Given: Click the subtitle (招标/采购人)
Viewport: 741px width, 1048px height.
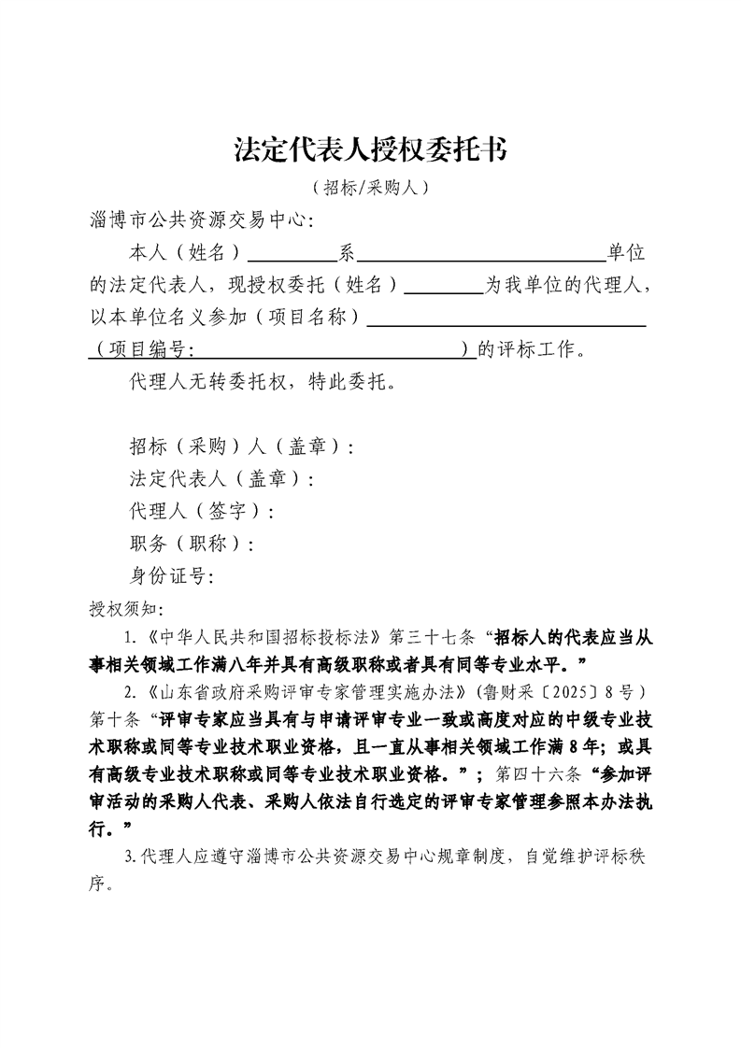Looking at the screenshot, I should click(x=370, y=188).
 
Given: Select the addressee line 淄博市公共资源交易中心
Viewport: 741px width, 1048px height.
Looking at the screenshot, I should click(x=196, y=221).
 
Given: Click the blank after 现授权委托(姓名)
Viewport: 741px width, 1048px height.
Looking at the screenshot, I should click(x=441, y=285).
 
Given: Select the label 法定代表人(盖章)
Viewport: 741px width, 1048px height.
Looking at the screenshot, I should click(x=221, y=479).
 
